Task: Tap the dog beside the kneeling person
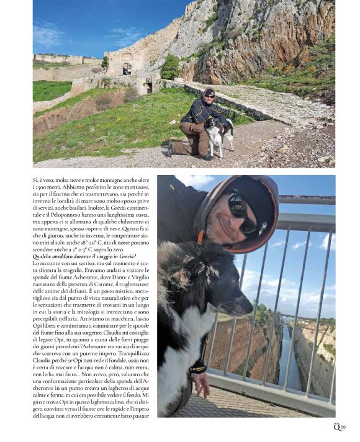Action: (x=217, y=135)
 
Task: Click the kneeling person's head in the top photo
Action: (x=209, y=94)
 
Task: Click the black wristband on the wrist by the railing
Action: (x=198, y=369)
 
